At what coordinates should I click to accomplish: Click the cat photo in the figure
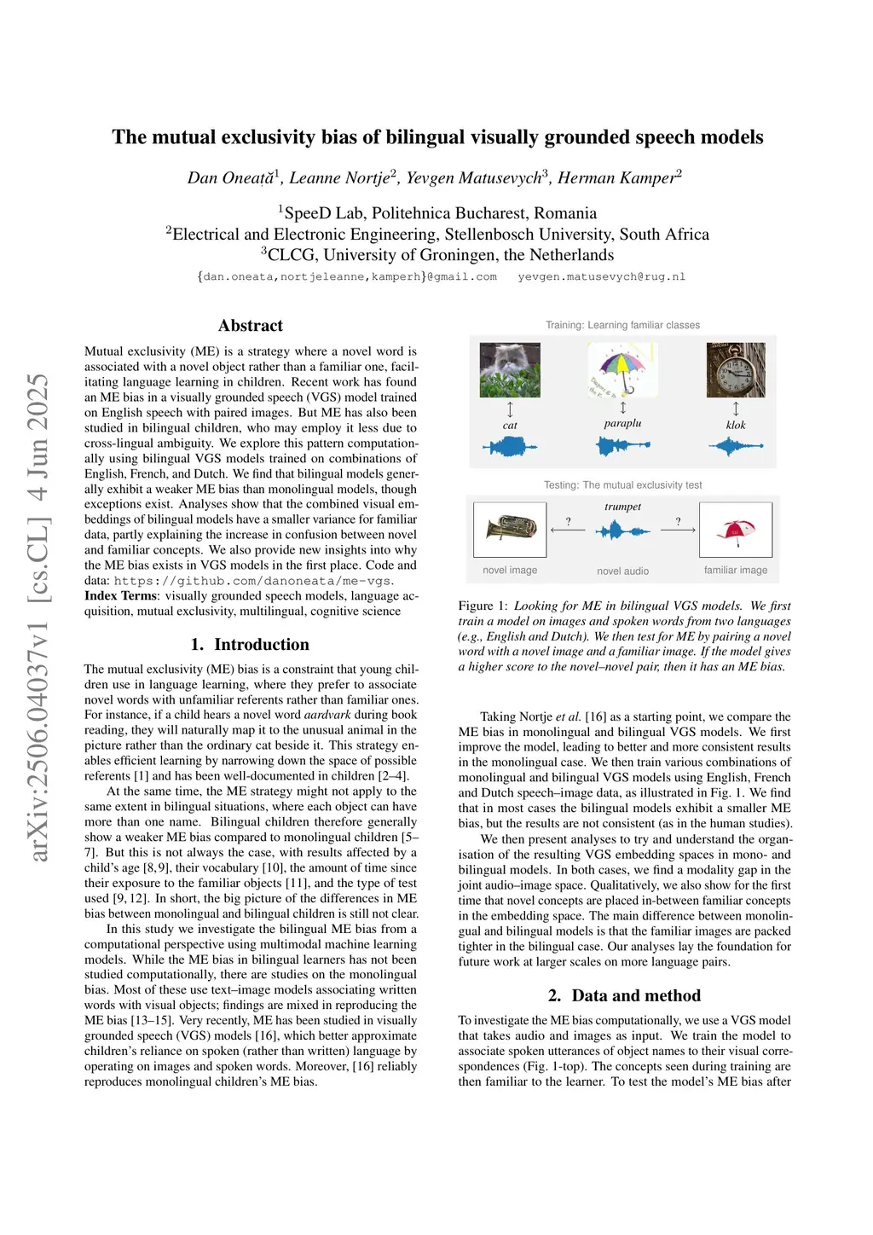click(x=510, y=370)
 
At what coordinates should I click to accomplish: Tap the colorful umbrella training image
click(x=622, y=369)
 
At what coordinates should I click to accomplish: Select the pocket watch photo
click(x=736, y=370)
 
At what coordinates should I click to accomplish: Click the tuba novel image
click(x=510, y=530)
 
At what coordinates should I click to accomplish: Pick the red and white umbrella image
click(x=736, y=530)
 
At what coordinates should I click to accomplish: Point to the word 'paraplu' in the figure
click(x=622, y=423)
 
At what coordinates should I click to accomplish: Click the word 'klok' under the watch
click(x=736, y=425)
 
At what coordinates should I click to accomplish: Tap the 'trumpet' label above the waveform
click(x=622, y=507)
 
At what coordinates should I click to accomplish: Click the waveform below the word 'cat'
click(x=510, y=446)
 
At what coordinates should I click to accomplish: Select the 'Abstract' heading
click(x=251, y=326)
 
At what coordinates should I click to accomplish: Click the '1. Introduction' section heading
click(x=250, y=645)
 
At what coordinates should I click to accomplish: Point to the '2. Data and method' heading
click(x=624, y=996)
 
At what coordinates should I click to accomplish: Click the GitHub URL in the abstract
click(x=253, y=581)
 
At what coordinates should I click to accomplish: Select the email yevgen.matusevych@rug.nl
click(x=602, y=277)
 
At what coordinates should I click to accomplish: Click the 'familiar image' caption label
click(x=736, y=571)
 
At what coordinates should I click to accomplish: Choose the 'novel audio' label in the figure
click(x=622, y=571)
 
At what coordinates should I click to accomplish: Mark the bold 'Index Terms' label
click(x=120, y=596)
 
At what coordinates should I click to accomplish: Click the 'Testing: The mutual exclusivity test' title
click(x=622, y=485)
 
